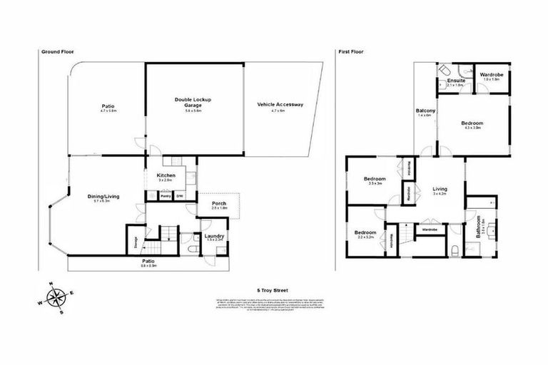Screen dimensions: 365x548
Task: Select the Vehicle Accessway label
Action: [x=280, y=105]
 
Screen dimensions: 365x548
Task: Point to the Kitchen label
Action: [x=166, y=175]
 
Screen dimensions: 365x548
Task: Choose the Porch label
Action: [x=219, y=205]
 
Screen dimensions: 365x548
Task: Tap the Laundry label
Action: [x=214, y=236]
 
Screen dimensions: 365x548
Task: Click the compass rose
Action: [x=55, y=294]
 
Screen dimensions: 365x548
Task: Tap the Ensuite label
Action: [x=457, y=81]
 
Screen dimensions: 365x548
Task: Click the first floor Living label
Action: [x=439, y=190]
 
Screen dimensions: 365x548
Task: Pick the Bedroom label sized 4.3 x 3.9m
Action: [x=472, y=123]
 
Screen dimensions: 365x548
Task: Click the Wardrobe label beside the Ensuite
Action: [x=492, y=75]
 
